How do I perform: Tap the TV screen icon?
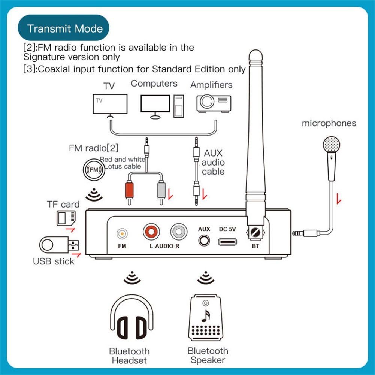(110, 104)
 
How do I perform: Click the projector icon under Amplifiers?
(214, 103)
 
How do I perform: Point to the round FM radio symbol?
(94, 170)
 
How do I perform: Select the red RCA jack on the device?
(151, 232)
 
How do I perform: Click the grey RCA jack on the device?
(179, 232)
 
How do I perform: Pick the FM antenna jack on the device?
(122, 233)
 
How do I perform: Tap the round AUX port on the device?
(204, 241)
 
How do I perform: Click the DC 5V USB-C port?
(227, 242)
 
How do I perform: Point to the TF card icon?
(66, 218)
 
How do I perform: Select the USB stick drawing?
(59, 245)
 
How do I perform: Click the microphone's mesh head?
(331, 145)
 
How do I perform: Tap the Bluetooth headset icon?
(131, 317)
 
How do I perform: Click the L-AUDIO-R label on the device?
(164, 246)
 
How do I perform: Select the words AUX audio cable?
(213, 162)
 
